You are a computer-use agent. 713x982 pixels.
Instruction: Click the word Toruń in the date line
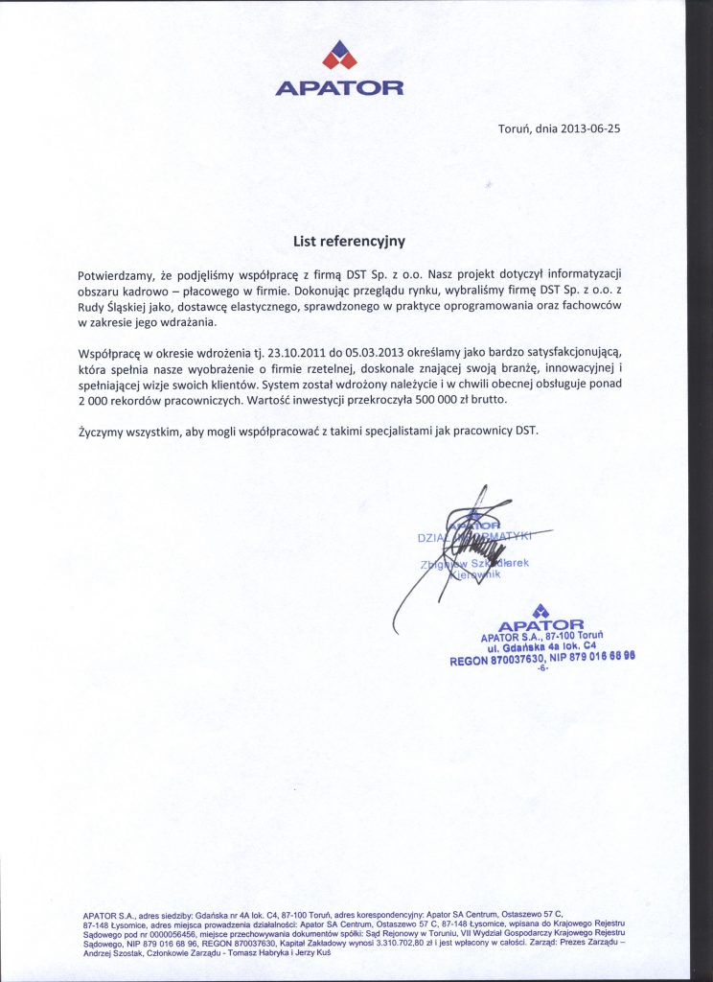click(516, 129)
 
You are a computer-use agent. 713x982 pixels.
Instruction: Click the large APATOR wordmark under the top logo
click(339, 88)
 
